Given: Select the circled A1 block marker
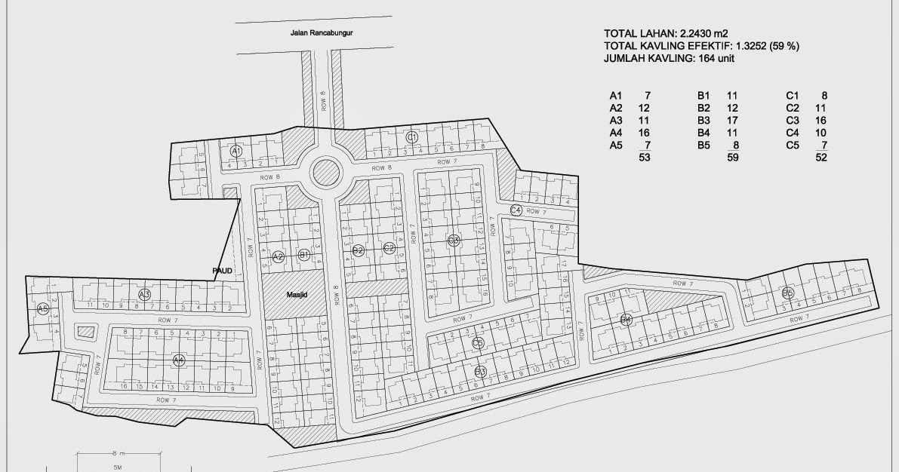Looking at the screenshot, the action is pyautogui.click(x=236, y=151).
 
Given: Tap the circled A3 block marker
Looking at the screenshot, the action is pyautogui.click(x=144, y=293).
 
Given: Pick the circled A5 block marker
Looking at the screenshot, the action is pyautogui.click(x=43, y=308).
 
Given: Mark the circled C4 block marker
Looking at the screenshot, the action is pyautogui.click(x=516, y=210).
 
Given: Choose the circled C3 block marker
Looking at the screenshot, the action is pyautogui.click(x=454, y=241).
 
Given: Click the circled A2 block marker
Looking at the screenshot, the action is pyautogui.click(x=278, y=256).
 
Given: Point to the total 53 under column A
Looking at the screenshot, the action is pyautogui.click(x=644, y=158).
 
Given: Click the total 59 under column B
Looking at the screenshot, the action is pyautogui.click(x=731, y=158).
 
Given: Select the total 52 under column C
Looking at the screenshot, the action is pyautogui.click(x=821, y=158).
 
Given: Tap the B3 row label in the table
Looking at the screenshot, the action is pyautogui.click(x=703, y=121).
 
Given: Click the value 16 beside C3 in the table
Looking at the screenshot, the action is pyautogui.click(x=821, y=121).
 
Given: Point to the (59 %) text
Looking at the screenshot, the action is pyautogui.click(x=784, y=46).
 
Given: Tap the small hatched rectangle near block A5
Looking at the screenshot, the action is pyautogui.click(x=87, y=331).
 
